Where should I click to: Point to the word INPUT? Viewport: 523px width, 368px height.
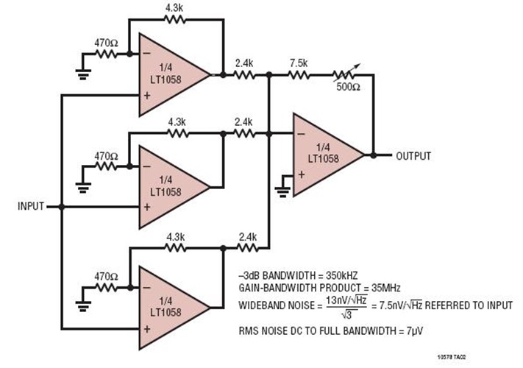(x=30, y=207)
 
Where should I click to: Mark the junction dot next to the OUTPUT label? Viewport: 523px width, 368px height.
(x=374, y=155)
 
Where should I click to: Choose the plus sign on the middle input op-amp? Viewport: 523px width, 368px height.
(x=147, y=208)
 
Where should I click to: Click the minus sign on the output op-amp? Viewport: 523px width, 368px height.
(x=302, y=135)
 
